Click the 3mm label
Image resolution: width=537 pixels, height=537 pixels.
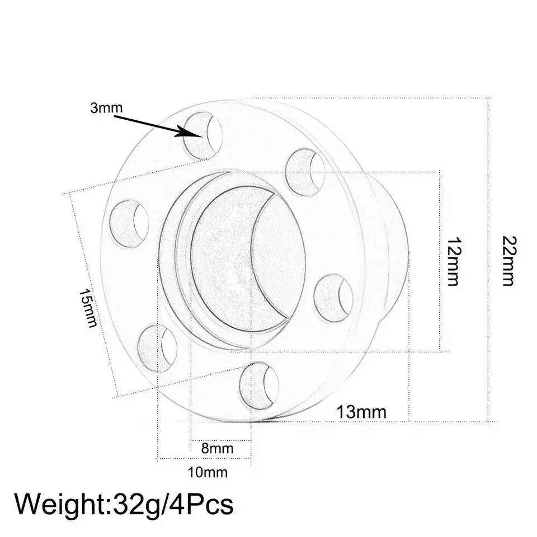coord(106,108)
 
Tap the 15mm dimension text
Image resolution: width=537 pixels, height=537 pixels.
coord(88,308)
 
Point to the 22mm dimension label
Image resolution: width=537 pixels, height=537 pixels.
coord(508,261)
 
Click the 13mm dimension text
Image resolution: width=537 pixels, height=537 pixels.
coord(362,412)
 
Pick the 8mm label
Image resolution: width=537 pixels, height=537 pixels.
coord(217,448)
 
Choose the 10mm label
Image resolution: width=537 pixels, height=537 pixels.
coord(208,473)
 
